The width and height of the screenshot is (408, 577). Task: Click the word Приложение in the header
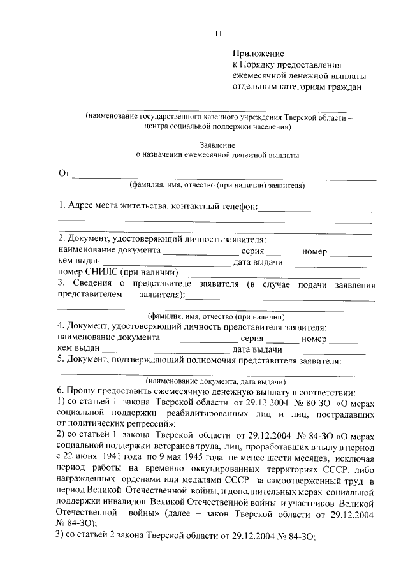click(x=258, y=54)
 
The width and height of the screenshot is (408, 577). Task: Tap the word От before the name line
click(x=64, y=175)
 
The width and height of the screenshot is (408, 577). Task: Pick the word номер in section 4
click(x=314, y=339)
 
